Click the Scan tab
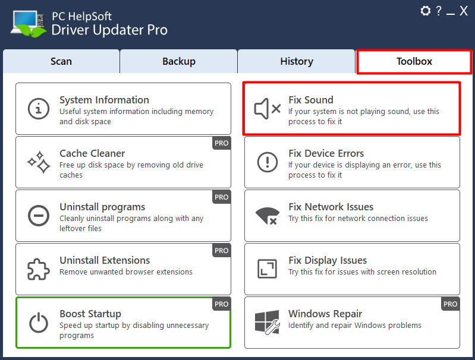[61, 61]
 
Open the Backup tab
[179, 61]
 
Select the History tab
[297, 61]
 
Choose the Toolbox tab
[414, 61]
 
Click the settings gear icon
[426, 11]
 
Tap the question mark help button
[439, 11]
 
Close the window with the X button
[464, 11]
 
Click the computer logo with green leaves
[29, 24]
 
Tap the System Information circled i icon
[39, 109]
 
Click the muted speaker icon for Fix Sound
[267, 109]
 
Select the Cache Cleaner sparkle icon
[39, 162]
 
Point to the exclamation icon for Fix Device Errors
[267, 162]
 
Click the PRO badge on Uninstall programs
[221, 197]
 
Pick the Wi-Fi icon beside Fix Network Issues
[267, 216]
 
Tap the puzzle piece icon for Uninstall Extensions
[39, 269]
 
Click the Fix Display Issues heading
[328, 260]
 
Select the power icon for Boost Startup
[39, 323]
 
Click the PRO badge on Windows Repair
[450, 304]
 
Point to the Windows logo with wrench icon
[267, 323]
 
